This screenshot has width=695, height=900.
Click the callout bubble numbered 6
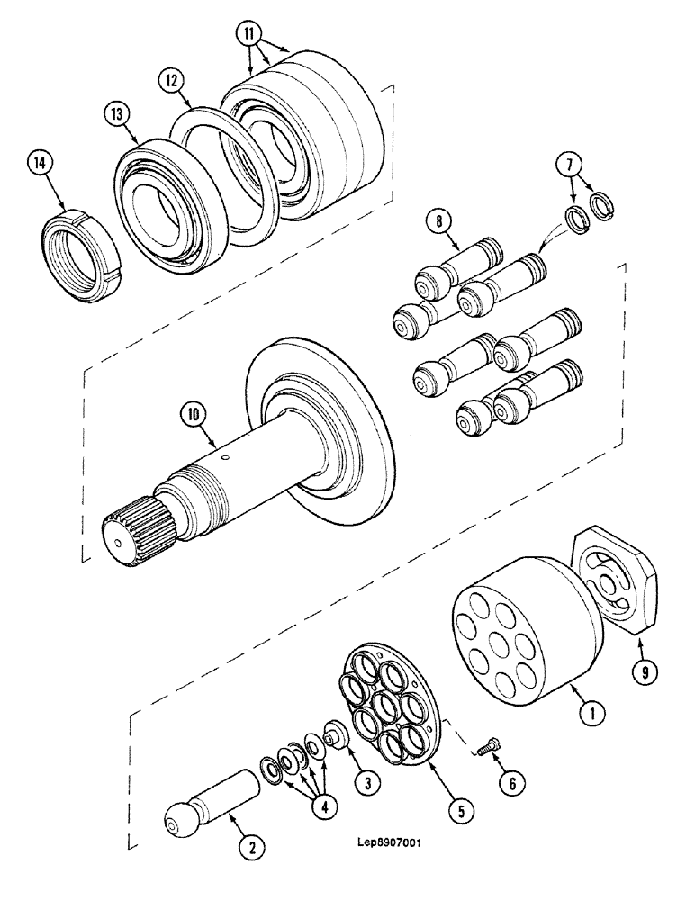[511, 784]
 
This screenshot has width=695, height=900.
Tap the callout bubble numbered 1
[590, 715]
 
